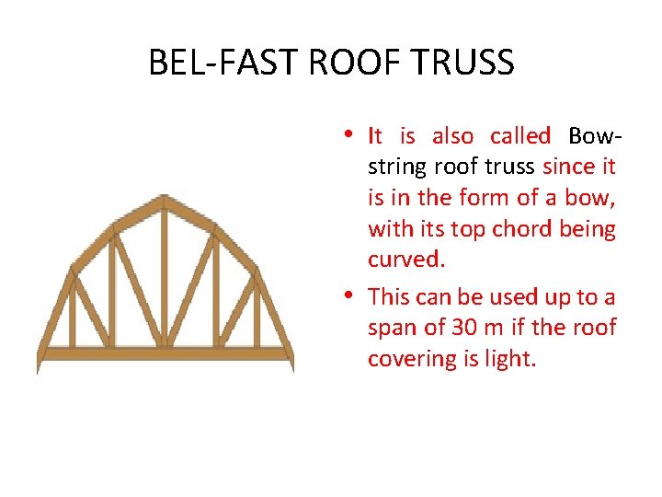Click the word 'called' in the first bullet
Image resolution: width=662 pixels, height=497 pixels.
[x=519, y=136]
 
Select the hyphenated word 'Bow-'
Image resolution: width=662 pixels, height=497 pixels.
[x=595, y=136]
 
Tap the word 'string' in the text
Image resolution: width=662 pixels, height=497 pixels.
[x=397, y=168]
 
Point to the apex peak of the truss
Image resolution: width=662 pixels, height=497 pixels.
[x=165, y=198]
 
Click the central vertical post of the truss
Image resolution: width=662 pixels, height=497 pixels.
[x=165, y=276]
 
